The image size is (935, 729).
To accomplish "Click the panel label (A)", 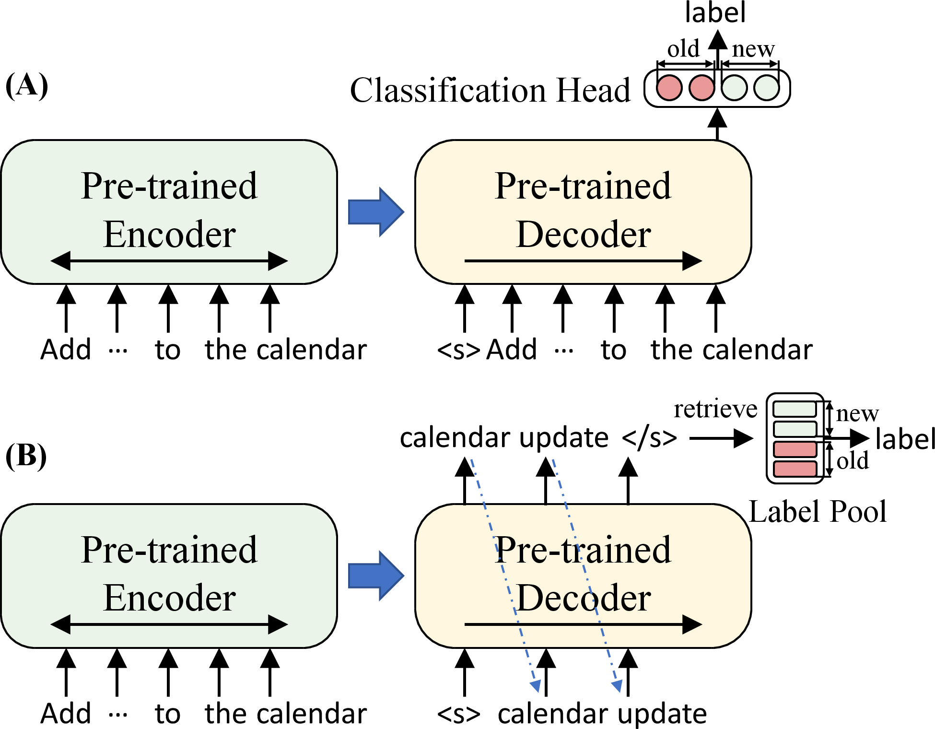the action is (27, 86).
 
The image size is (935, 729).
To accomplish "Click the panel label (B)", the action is (26, 455).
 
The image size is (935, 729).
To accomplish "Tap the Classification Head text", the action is (490, 90).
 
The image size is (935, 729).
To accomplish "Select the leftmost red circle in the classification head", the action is (669, 88).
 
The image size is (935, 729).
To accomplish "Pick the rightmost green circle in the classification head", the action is (766, 88).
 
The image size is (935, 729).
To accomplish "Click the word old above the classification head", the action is (683, 49).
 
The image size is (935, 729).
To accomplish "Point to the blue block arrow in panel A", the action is (376, 212).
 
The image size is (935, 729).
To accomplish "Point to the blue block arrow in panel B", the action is (376, 576).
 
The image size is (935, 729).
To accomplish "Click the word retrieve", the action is (715, 409).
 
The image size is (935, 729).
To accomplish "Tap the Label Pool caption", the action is (818, 511).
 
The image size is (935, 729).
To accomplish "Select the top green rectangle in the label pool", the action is (795, 409).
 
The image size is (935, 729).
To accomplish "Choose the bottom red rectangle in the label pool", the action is (795, 469).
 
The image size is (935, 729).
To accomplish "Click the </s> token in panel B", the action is (649, 437).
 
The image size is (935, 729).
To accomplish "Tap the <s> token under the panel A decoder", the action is (458, 350).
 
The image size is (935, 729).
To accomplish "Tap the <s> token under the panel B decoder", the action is (458, 714).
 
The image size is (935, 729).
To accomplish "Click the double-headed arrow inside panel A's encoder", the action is (169, 261).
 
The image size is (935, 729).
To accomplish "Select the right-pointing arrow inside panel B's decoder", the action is (583, 624).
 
